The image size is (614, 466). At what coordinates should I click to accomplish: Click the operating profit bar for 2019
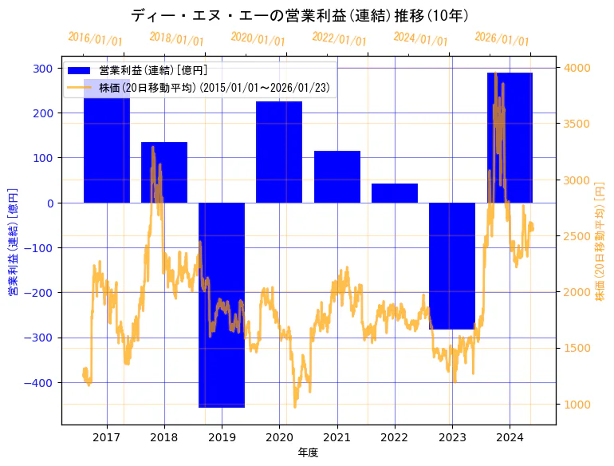tap(222, 305)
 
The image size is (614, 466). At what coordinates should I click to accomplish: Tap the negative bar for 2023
tap(452, 266)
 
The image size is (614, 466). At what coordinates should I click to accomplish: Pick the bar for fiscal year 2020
tap(279, 152)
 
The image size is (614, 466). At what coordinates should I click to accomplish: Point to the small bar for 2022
tap(395, 193)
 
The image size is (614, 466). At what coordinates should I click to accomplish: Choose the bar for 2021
tap(337, 176)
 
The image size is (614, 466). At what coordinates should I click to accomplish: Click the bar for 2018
tap(164, 172)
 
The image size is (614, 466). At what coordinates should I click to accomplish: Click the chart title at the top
tap(299, 16)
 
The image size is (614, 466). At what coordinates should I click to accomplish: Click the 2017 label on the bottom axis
tap(107, 437)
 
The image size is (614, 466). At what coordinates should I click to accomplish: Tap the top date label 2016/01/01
tap(95, 39)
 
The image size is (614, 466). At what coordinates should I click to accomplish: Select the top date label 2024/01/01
tap(420, 39)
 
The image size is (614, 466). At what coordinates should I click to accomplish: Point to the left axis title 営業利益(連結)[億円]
tap(13, 242)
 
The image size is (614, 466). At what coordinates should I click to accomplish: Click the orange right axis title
tap(600, 242)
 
